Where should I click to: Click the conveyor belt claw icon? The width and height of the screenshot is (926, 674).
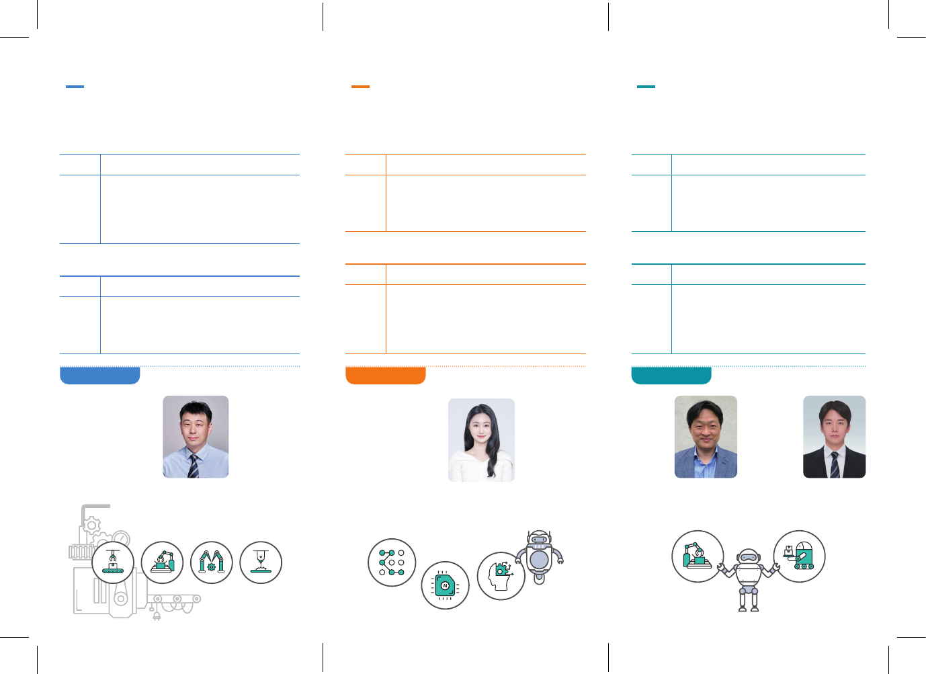(x=113, y=563)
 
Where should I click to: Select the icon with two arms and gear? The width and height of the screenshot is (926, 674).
(x=212, y=563)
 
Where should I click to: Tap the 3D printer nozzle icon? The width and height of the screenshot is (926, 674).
(x=261, y=563)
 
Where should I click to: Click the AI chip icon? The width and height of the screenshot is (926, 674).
(x=445, y=585)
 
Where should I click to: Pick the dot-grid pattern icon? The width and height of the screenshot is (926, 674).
(x=392, y=562)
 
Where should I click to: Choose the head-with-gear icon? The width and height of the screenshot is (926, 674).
(x=501, y=576)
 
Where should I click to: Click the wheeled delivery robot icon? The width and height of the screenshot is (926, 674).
(x=799, y=556)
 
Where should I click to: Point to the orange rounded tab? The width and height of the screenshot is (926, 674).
(x=385, y=376)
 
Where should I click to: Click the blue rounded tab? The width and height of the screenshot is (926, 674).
(x=99, y=376)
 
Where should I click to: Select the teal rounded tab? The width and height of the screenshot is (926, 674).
(x=671, y=376)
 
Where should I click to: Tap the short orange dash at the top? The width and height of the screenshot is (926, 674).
(x=360, y=87)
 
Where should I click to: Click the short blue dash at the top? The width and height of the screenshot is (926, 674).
(x=75, y=87)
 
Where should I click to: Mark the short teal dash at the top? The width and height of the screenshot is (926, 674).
(x=646, y=87)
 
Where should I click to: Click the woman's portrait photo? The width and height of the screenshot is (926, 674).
(x=481, y=440)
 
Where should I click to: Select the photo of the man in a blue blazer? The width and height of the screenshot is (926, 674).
(x=706, y=437)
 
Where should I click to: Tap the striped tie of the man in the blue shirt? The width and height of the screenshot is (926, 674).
(x=194, y=466)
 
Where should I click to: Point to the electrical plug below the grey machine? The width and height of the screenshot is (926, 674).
(x=157, y=615)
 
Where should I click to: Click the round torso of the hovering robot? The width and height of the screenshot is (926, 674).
(x=540, y=559)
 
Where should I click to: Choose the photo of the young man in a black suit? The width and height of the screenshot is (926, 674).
(x=834, y=437)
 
